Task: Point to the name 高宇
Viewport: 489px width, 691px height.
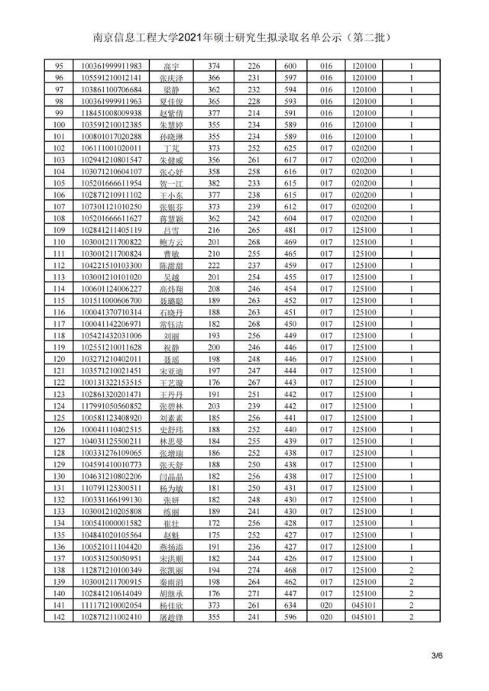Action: pos(171,66)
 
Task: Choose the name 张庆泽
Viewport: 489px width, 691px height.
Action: pos(171,78)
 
